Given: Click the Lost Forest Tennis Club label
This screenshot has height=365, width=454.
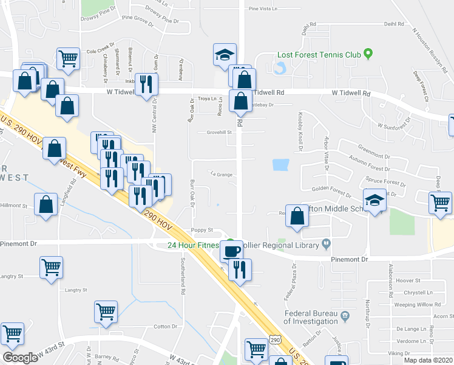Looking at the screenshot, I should [319, 55].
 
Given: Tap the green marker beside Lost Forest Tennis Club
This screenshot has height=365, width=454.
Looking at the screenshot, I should [368, 55].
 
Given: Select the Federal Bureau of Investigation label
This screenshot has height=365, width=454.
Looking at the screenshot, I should [311, 318].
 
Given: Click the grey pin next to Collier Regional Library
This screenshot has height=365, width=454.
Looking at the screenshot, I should [327, 245].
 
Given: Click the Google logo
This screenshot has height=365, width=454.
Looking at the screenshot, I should [20, 357].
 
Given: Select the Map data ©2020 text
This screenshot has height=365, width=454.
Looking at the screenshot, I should [428, 360].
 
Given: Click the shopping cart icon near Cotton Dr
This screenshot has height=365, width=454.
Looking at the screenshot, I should [106, 311].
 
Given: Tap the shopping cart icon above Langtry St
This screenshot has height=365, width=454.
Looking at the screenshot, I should [52, 266].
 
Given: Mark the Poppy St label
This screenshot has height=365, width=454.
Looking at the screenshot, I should [202, 230].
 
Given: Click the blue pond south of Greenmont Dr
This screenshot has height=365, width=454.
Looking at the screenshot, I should [281, 165].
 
